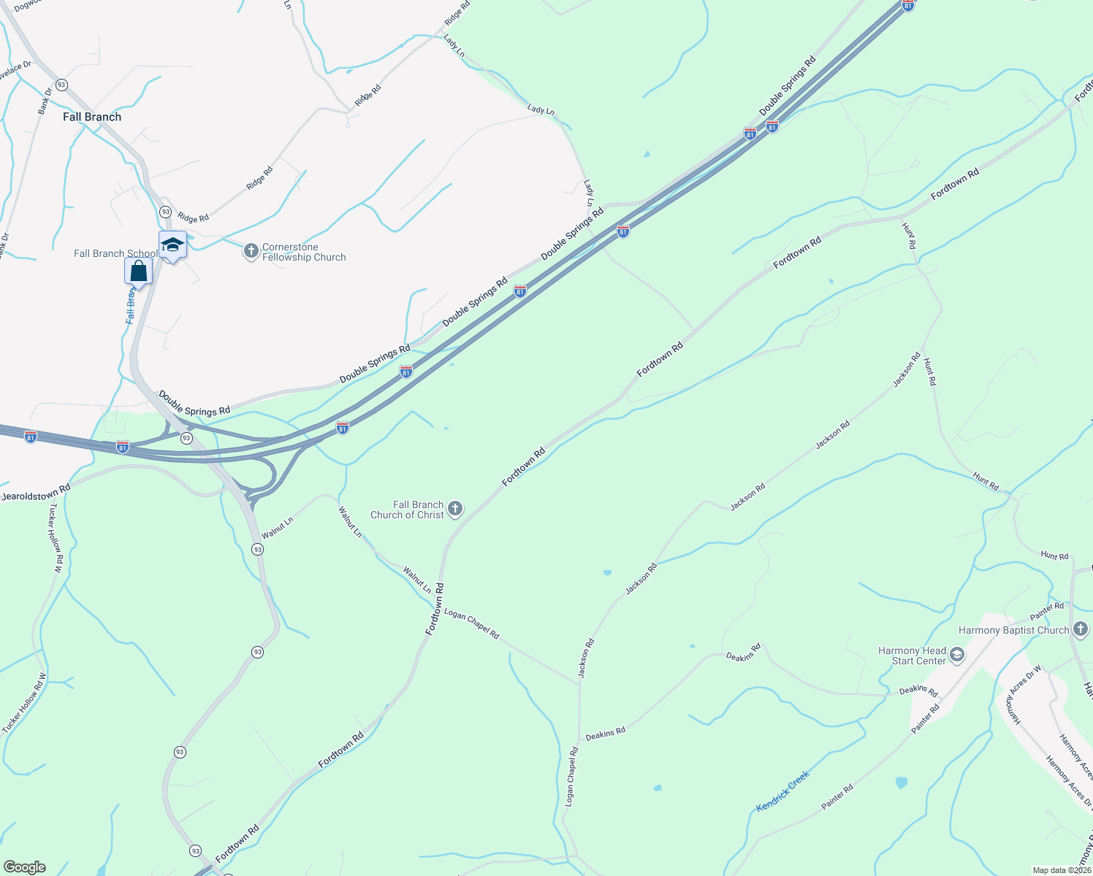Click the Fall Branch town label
pos(92,117)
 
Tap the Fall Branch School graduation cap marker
pos(172,245)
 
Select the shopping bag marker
pos(138,272)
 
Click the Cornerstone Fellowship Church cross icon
pos(251,252)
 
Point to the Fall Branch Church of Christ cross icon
pos(455,509)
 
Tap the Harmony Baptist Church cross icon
pos(1081,629)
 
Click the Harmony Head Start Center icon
pos(957,655)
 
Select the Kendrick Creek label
pos(782,791)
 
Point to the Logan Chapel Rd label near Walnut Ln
pos(471,624)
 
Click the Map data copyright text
pos(1061,870)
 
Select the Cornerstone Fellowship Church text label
pos(304,252)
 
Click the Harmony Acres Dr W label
pos(1025,694)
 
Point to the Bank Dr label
pos(45,101)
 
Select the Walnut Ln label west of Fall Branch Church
pos(278,527)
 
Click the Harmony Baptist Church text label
pos(1013,630)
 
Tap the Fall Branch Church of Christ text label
pos(407,510)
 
